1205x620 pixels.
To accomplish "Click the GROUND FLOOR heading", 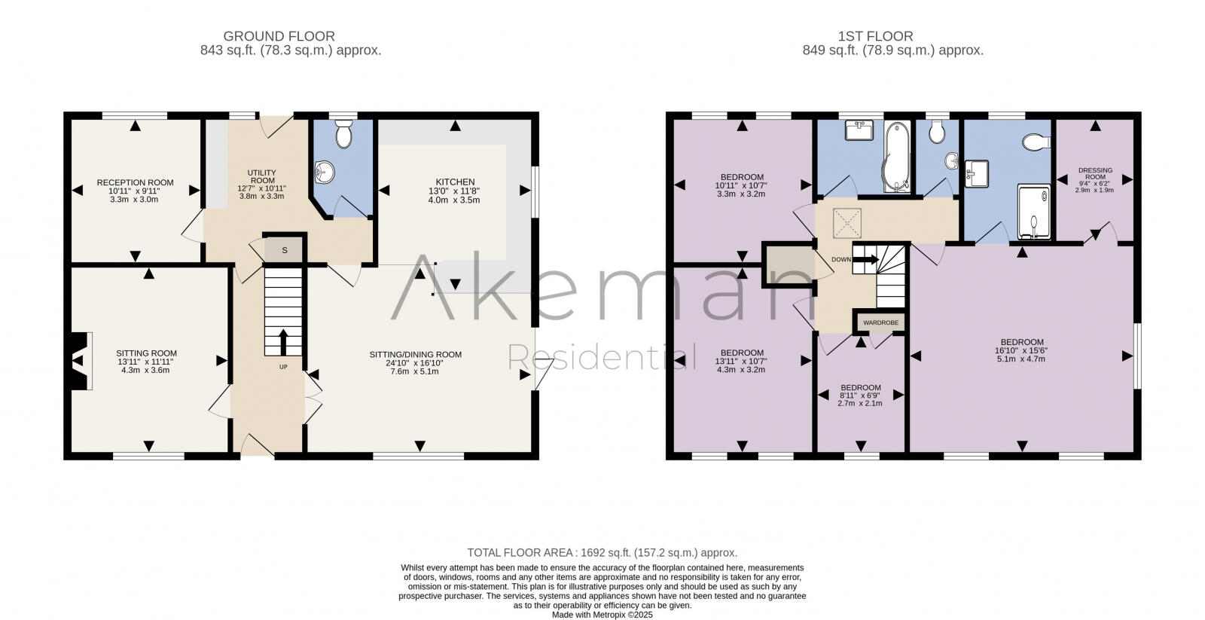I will point(279,36).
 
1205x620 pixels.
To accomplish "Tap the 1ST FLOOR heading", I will point(875,36).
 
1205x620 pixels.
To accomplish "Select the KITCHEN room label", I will point(455,182).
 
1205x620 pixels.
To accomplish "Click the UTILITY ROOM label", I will point(261,176).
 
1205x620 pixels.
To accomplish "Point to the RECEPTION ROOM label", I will point(135,182).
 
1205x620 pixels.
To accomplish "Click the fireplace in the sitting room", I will point(80,362).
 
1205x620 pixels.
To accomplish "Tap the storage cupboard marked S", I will point(285,250).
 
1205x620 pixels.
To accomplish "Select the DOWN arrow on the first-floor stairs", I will point(865,259).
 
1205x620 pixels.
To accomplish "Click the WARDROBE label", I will point(880,322).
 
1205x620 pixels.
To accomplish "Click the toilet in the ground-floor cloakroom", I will point(343,136).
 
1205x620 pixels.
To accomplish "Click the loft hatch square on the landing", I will point(845,221).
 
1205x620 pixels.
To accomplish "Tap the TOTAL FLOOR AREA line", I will point(602,552).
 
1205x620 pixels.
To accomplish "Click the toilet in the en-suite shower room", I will point(1036,142).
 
